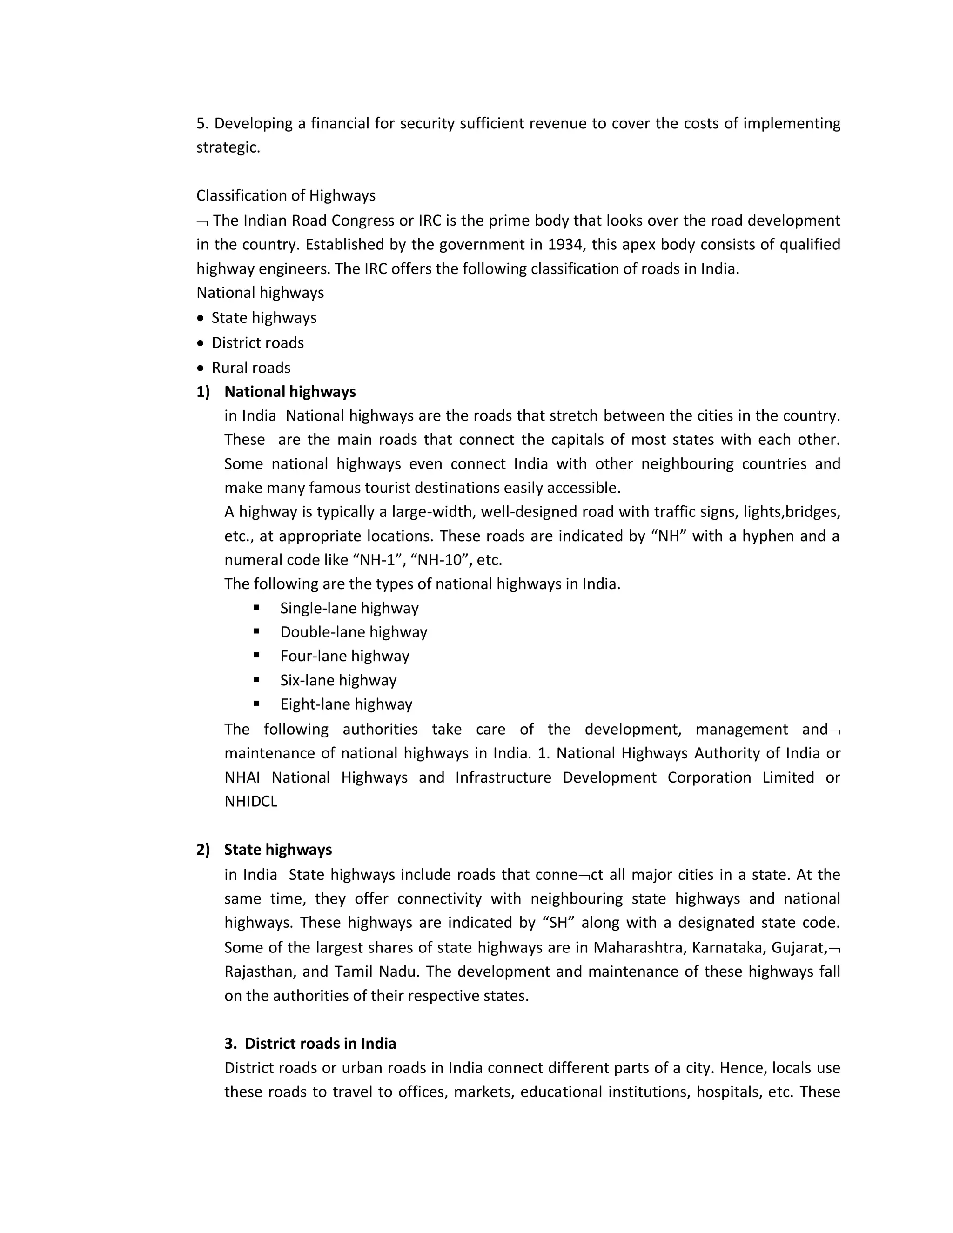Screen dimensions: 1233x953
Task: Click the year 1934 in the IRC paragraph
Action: pyautogui.click(x=564, y=244)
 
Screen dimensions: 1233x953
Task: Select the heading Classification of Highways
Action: pyautogui.click(x=286, y=195)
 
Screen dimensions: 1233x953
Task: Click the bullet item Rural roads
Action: pyautogui.click(x=251, y=368)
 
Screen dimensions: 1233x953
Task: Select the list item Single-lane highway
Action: pyautogui.click(x=349, y=608)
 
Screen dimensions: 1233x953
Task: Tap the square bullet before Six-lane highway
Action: pyautogui.click(x=256, y=679)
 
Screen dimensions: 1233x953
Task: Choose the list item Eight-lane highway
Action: pyautogui.click(x=346, y=704)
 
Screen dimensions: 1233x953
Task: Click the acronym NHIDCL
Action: pyautogui.click(x=251, y=802)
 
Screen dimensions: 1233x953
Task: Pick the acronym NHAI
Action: pyautogui.click(x=242, y=777)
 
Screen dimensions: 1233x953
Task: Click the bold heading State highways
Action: pyautogui.click(x=278, y=850)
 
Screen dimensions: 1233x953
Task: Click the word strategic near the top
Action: pyautogui.click(x=228, y=147)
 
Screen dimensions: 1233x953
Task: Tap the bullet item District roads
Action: pyautogui.click(x=257, y=343)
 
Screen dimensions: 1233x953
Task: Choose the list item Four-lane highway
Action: pyautogui.click(x=344, y=656)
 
